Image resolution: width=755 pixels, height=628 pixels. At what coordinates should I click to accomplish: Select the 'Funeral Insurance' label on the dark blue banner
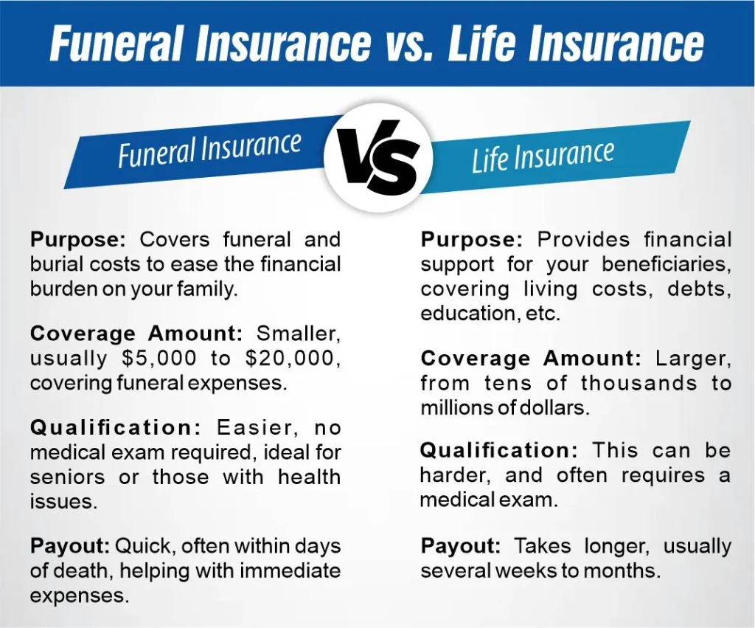coord(209,150)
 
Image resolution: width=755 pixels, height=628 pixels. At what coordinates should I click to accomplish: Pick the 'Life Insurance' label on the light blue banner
coord(543,156)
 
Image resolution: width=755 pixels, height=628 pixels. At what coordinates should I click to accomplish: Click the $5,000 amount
coord(159,358)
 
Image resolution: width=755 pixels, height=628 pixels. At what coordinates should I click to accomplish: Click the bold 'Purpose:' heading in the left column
coord(78,240)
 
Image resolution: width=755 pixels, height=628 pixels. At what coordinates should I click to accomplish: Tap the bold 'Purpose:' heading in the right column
coord(472,240)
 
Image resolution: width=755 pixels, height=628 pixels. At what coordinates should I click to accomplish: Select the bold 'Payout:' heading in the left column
coord(70,546)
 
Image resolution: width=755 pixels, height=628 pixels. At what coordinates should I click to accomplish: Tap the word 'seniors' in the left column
coord(67,477)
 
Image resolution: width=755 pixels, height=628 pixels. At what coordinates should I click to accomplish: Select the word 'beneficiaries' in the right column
coord(667,264)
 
